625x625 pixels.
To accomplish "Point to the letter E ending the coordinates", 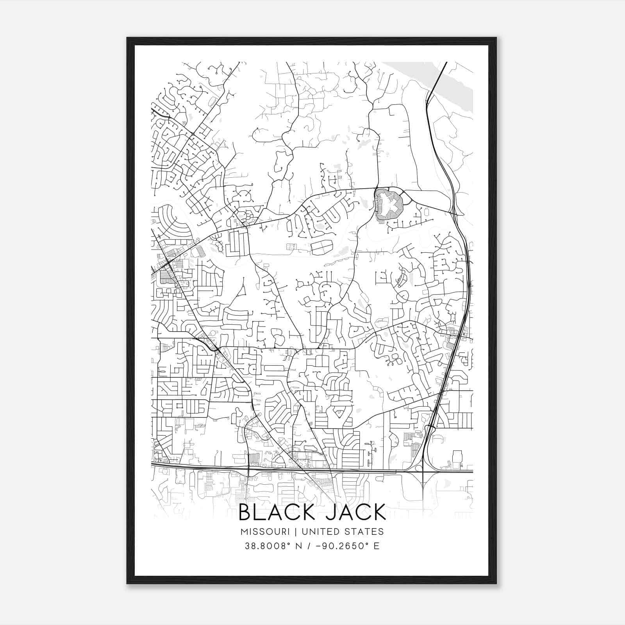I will pos(377,546).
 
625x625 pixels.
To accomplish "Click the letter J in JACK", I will pos(330,512).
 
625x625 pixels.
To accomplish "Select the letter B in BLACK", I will pos(245,512).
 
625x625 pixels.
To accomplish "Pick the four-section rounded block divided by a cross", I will pos(322,248).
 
